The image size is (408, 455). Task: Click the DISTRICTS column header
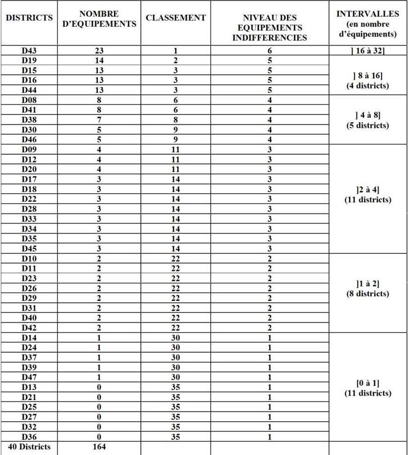coord(29,18)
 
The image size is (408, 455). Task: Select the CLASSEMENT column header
coord(175,18)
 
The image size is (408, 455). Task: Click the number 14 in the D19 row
coord(99,61)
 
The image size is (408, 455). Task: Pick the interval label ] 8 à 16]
coord(368,75)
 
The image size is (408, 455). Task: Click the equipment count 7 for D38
coord(99,120)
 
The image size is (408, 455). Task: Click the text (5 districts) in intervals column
coord(368,126)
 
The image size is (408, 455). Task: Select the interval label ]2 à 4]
coord(368,190)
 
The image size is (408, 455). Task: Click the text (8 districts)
coord(368,294)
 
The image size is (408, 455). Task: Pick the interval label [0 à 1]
coord(368,383)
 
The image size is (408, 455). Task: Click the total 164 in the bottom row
coord(99,447)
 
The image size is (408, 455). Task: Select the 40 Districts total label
coord(29,447)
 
